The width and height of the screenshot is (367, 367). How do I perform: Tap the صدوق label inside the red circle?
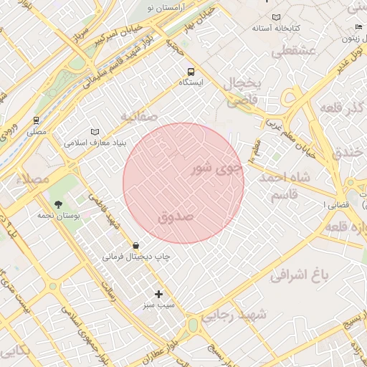click(176, 216)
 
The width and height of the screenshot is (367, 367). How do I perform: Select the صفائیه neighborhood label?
click(138, 115)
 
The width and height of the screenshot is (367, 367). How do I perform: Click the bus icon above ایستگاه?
click(191, 72)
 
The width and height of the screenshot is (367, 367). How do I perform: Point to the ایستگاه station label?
click(191, 83)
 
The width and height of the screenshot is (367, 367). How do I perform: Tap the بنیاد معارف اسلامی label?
click(95, 143)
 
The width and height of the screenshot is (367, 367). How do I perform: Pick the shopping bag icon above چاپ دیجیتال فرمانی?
click(135, 245)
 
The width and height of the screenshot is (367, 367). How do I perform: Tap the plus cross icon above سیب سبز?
click(159, 294)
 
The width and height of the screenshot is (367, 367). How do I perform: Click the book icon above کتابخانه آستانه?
click(276, 17)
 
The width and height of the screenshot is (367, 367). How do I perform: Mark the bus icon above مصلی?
click(36, 120)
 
